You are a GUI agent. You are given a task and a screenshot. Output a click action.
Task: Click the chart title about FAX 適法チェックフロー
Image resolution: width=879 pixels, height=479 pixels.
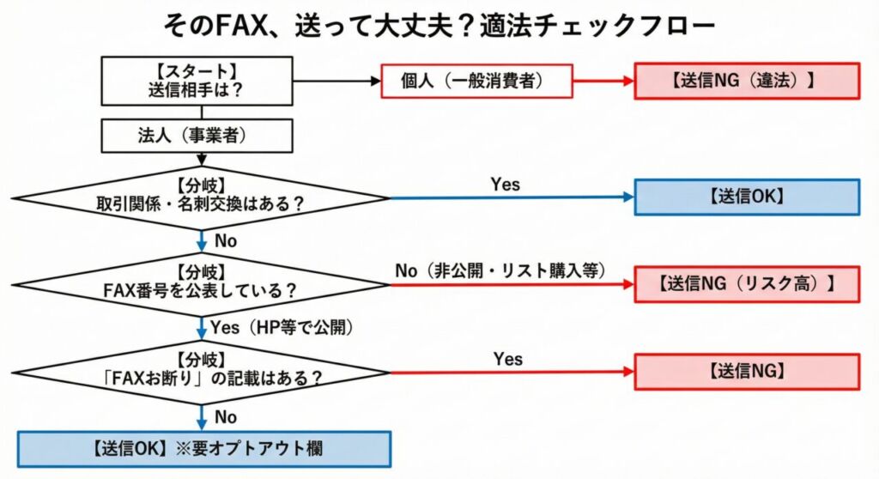[439, 25]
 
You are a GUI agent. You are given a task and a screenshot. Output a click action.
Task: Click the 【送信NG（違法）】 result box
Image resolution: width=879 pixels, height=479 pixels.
[746, 81]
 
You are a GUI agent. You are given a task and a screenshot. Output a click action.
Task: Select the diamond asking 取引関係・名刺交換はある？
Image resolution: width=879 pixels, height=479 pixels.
[203, 197]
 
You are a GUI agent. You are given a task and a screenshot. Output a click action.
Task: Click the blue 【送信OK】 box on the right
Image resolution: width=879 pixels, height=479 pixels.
[746, 197]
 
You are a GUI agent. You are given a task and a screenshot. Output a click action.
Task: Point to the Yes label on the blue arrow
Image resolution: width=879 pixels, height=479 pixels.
[505, 184]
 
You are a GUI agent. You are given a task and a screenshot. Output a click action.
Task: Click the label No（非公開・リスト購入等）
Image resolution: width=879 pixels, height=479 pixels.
[500, 270]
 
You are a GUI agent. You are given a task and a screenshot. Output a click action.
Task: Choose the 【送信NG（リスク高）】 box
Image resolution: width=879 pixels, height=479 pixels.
[746, 284]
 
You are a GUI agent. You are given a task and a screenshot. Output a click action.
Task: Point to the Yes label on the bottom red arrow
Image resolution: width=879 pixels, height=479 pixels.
[507, 358]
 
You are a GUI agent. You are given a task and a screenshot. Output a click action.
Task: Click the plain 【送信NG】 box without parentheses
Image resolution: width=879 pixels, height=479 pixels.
[746, 372]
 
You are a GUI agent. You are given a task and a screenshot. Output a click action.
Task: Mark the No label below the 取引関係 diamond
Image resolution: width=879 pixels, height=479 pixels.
[226, 241]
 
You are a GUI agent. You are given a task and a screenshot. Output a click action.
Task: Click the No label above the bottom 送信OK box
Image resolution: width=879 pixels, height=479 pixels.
[226, 416]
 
